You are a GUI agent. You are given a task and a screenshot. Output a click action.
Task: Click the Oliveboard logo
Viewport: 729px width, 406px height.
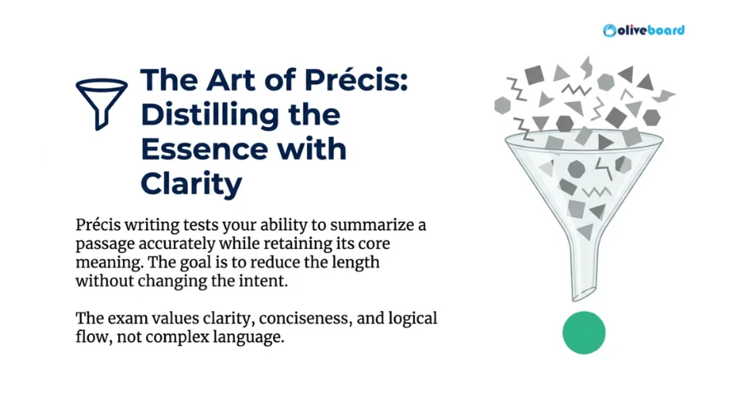(x=643, y=30)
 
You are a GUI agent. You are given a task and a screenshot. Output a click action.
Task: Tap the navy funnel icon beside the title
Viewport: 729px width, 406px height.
(x=101, y=102)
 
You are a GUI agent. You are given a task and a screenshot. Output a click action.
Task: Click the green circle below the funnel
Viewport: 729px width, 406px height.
(x=584, y=333)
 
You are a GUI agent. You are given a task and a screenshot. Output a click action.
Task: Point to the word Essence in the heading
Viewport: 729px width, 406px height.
(x=198, y=148)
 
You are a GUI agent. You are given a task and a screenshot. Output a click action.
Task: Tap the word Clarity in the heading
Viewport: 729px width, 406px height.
(x=191, y=183)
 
